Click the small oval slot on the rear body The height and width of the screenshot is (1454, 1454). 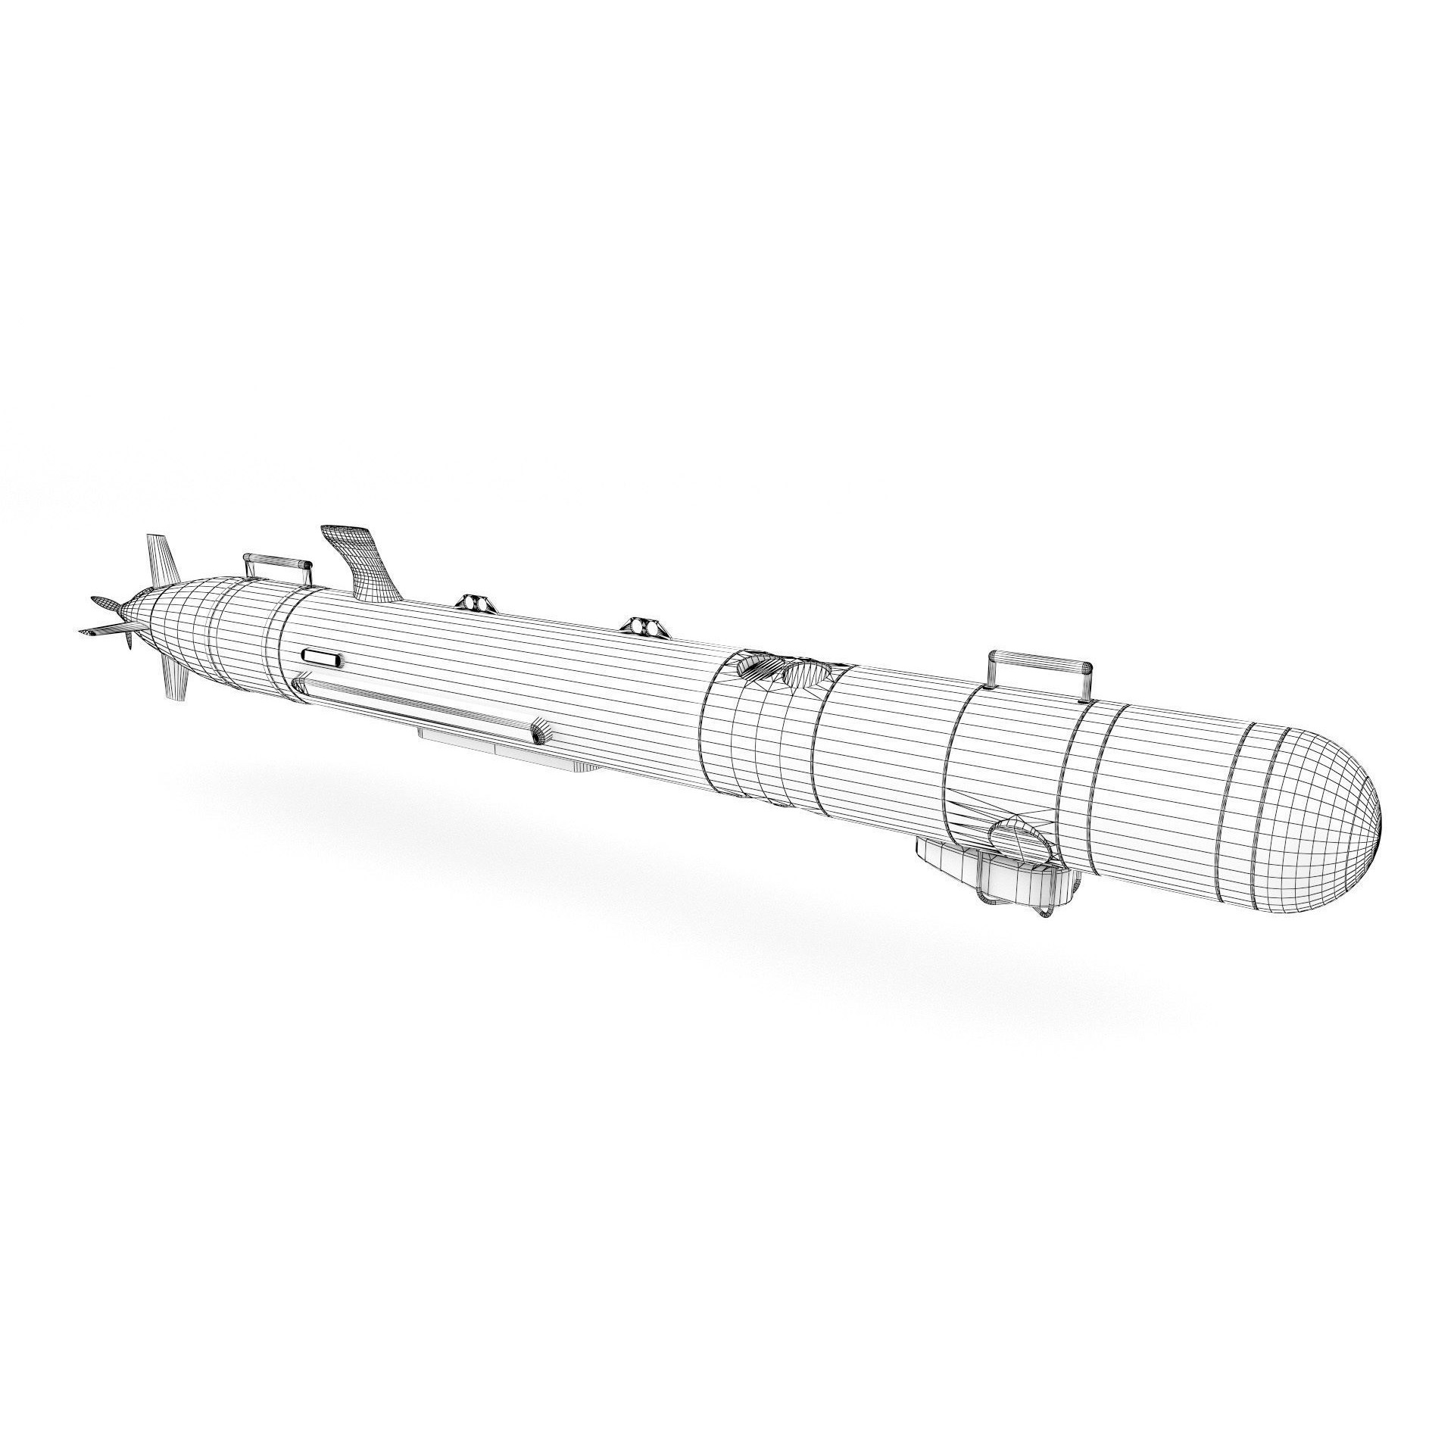coord(322,657)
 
